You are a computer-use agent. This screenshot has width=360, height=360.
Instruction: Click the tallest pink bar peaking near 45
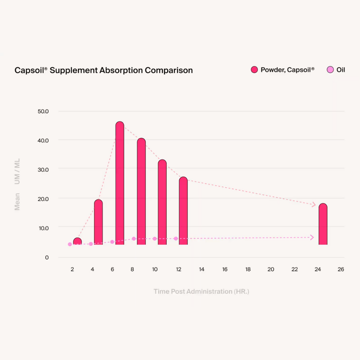point(120,184)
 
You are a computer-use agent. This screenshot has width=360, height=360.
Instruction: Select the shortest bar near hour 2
point(77,241)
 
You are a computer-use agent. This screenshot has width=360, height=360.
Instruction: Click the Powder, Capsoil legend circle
point(255,70)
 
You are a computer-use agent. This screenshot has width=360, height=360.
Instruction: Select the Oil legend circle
point(330,70)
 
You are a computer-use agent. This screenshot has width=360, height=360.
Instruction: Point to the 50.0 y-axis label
point(43,111)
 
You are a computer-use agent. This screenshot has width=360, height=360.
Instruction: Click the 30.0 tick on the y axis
point(43,170)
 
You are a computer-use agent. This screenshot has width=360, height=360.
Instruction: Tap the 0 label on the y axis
point(47,257)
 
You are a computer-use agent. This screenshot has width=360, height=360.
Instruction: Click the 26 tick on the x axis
point(341,269)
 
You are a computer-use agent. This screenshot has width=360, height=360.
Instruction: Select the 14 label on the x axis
point(201,269)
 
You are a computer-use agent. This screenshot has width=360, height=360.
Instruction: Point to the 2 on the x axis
point(72,269)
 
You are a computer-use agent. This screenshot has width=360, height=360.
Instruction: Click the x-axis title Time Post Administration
point(201,291)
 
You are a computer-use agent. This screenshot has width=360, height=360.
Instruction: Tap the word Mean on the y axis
point(17,202)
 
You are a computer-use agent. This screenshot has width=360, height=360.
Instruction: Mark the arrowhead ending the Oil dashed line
point(312,238)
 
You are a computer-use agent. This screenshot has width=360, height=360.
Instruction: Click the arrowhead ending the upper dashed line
point(314,204)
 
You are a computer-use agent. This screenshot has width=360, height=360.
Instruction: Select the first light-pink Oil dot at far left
point(70,244)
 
